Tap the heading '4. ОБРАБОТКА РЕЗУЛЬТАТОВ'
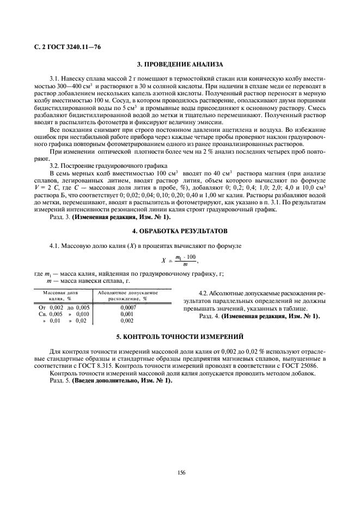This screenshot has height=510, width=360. pyautogui.click(x=179, y=232)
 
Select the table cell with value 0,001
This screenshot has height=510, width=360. pyautogui.click(x=127, y=314)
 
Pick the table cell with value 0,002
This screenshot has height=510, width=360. pyautogui.click(x=127, y=321)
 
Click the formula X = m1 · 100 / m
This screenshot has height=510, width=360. pyautogui.click(x=179, y=260)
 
